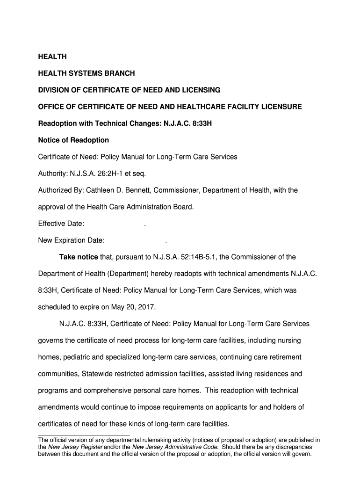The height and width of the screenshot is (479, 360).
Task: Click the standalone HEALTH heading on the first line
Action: click(x=52, y=57)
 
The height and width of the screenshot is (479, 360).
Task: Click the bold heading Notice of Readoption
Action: click(x=73, y=140)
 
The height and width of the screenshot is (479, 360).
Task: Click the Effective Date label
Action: click(x=61, y=224)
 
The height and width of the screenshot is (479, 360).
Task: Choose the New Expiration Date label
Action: click(x=71, y=241)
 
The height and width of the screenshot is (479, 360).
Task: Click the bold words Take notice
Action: click(x=79, y=257)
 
